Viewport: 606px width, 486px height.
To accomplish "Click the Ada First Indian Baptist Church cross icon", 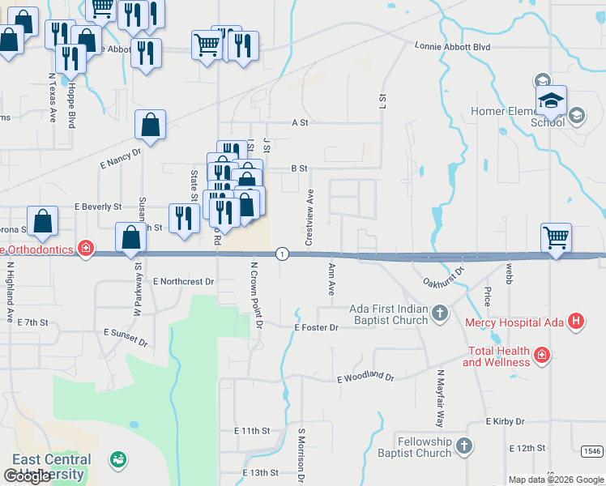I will (439, 313).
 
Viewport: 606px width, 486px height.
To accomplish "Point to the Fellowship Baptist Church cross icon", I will (463, 446).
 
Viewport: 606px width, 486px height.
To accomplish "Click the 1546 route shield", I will (592, 451).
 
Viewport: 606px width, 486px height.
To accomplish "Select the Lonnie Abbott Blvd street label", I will (453, 47).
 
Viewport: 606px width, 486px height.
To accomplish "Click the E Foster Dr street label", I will (315, 328).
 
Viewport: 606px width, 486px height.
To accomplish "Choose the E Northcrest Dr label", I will (183, 282).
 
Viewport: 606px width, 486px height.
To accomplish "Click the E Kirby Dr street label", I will (505, 422).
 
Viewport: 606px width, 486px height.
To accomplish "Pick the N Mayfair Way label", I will (441, 399).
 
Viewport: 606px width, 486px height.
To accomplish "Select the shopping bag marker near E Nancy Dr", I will (150, 126).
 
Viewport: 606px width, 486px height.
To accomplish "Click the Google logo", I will (28, 476).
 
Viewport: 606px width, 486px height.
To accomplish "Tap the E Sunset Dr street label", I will (126, 338).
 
